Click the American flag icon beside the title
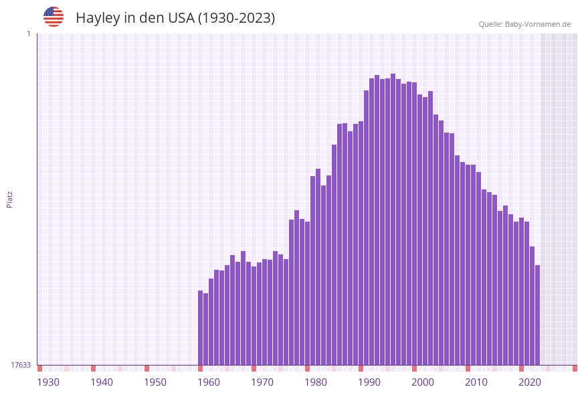pyautogui.click(x=54, y=17)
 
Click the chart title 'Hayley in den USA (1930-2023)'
pyautogui.click(x=175, y=18)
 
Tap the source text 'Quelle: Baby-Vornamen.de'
pyautogui.click(x=524, y=24)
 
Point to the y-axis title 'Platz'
pyautogui.click(x=10, y=199)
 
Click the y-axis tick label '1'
pyautogui.click(x=28, y=33)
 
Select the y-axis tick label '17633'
pyautogui.click(x=21, y=365)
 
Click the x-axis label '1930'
pyautogui.click(x=48, y=382)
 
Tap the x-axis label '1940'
pyautogui.click(x=102, y=382)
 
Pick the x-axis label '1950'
pyautogui.click(x=155, y=382)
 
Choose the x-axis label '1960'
pyautogui.click(x=209, y=382)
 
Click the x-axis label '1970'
pyautogui.click(x=262, y=382)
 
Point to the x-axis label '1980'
pyautogui.click(x=316, y=382)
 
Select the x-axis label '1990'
pyautogui.click(x=369, y=382)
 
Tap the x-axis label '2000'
pyautogui.click(x=423, y=382)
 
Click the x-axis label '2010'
pyautogui.click(x=476, y=382)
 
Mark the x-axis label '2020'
pyautogui.click(x=530, y=382)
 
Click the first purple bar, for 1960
pyautogui.click(x=200, y=327)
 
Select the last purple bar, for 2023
pyautogui.click(x=537, y=315)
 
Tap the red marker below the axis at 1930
pyautogui.click(x=39, y=368)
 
